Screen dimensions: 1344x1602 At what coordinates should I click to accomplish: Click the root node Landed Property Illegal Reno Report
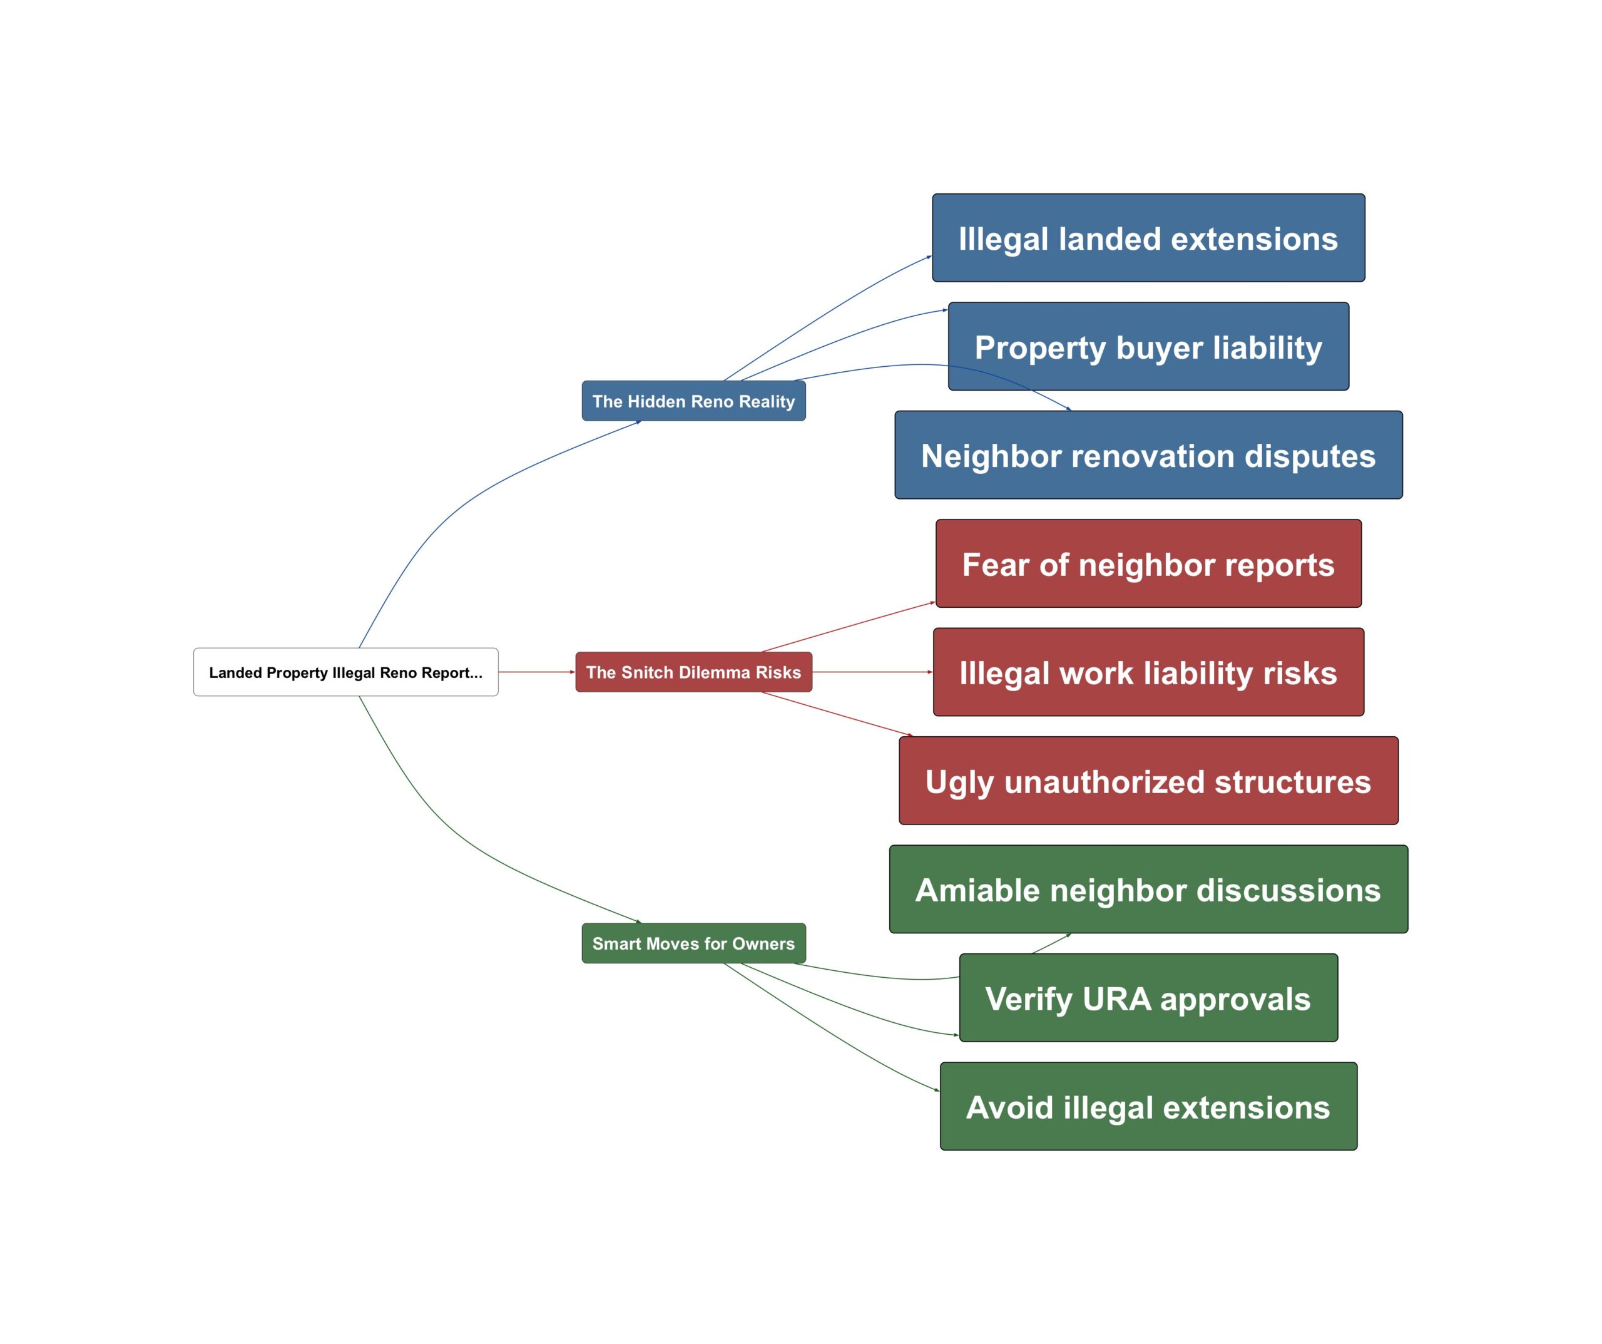point(345,672)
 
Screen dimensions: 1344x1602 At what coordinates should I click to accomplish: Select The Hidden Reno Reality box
point(693,401)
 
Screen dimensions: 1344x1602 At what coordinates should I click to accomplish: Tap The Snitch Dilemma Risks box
point(693,672)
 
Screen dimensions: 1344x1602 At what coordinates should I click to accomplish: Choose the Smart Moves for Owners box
point(693,943)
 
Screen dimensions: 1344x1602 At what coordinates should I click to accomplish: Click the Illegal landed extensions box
point(1148,238)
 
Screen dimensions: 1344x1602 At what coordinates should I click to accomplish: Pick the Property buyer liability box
point(1148,347)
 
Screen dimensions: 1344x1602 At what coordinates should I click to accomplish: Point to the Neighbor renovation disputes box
point(1148,456)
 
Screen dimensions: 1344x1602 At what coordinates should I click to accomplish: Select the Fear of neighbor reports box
point(1148,564)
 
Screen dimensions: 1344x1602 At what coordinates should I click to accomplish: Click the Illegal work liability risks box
point(1148,672)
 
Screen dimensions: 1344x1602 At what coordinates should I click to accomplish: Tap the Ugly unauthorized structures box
point(1148,781)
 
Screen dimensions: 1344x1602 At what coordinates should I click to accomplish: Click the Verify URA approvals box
point(1148,998)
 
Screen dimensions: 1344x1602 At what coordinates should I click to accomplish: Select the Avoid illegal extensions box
point(1148,1107)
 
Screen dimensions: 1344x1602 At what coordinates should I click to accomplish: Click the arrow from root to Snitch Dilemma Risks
point(536,672)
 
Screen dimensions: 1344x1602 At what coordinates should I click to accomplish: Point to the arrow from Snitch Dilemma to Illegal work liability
point(872,672)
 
